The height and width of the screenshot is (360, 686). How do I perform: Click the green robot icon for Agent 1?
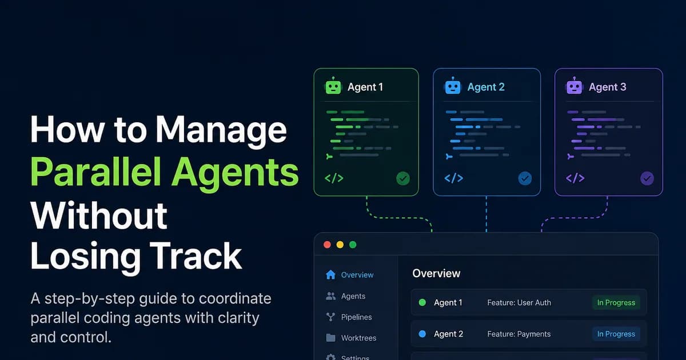333,86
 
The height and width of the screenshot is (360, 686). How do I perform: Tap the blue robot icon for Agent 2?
452,86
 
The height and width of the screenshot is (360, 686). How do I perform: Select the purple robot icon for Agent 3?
574,86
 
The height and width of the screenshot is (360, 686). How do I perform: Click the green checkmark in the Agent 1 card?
403,178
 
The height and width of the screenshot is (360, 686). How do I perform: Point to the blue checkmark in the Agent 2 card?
525,178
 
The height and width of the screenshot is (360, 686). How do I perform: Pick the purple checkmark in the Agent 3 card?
647,178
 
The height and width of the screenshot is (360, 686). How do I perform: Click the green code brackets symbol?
334,178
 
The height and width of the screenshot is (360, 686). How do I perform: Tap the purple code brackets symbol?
575,178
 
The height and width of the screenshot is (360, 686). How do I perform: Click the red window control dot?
327,245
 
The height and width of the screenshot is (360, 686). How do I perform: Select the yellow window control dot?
340,245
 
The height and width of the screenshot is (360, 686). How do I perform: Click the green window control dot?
353,245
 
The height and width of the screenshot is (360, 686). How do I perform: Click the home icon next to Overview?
330,275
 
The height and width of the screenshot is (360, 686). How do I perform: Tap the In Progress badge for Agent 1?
616,302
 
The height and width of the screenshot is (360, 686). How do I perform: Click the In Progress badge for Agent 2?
616,334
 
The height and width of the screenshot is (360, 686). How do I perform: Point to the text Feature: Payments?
519,334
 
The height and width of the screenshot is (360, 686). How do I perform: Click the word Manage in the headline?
221,130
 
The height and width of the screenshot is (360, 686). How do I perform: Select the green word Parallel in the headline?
96,172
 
